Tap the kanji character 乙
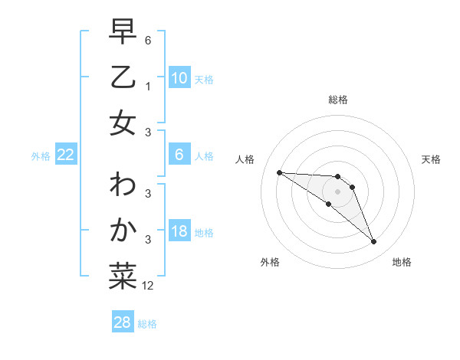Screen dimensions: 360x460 click(x=123, y=79)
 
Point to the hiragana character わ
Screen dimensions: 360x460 click(x=123, y=186)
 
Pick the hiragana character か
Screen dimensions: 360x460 click(x=123, y=231)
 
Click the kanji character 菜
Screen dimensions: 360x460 click(x=123, y=276)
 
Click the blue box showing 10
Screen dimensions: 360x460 click(x=179, y=78)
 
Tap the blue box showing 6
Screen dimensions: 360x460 click(x=179, y=155)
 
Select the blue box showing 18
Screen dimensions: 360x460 click(x=179, y=232)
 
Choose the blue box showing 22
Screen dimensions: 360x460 click(x=66, y=155)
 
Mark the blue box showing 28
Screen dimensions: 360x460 click(x=123, y=323)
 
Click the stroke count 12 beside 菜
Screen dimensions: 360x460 click(x=148, y=286)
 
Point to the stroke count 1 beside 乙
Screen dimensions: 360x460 click(x=148, y=87)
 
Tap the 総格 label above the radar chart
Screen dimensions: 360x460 click(x=337, y=100)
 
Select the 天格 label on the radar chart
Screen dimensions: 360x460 click(x=431, y=159)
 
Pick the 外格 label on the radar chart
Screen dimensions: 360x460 click(x=269, y=263)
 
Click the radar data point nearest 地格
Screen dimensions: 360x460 click(x=373, y=242)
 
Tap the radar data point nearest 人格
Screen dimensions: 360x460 click(x=279, y=172)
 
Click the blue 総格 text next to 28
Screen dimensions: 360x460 click(x=147, y=324)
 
